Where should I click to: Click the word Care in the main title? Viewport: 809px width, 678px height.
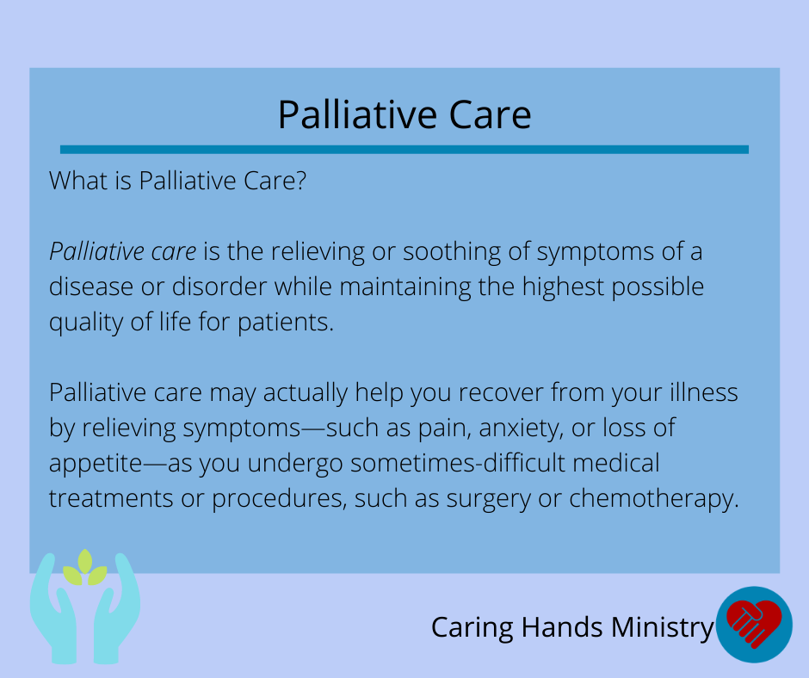[490, 114]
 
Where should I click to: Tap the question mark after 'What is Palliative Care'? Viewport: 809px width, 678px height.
[301, 181]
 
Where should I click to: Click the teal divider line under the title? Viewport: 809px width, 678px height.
[404, 150]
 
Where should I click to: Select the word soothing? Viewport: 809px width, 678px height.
[452, 253]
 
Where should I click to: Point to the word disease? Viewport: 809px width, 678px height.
[91, 287]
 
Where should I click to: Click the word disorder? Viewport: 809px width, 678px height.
[219, 287]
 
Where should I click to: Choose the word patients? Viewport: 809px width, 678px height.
[286, 323]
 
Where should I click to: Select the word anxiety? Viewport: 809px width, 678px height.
[521, 429]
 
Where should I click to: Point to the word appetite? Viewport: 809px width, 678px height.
[96, 464]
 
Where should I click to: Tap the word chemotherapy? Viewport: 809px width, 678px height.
[654, 499]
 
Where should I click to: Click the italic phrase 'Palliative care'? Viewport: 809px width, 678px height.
[123, 252]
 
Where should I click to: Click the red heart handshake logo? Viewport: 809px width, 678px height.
[754, 625]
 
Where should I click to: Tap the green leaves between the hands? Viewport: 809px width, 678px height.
[85, 568]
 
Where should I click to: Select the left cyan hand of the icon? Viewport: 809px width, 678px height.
[54, 609]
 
